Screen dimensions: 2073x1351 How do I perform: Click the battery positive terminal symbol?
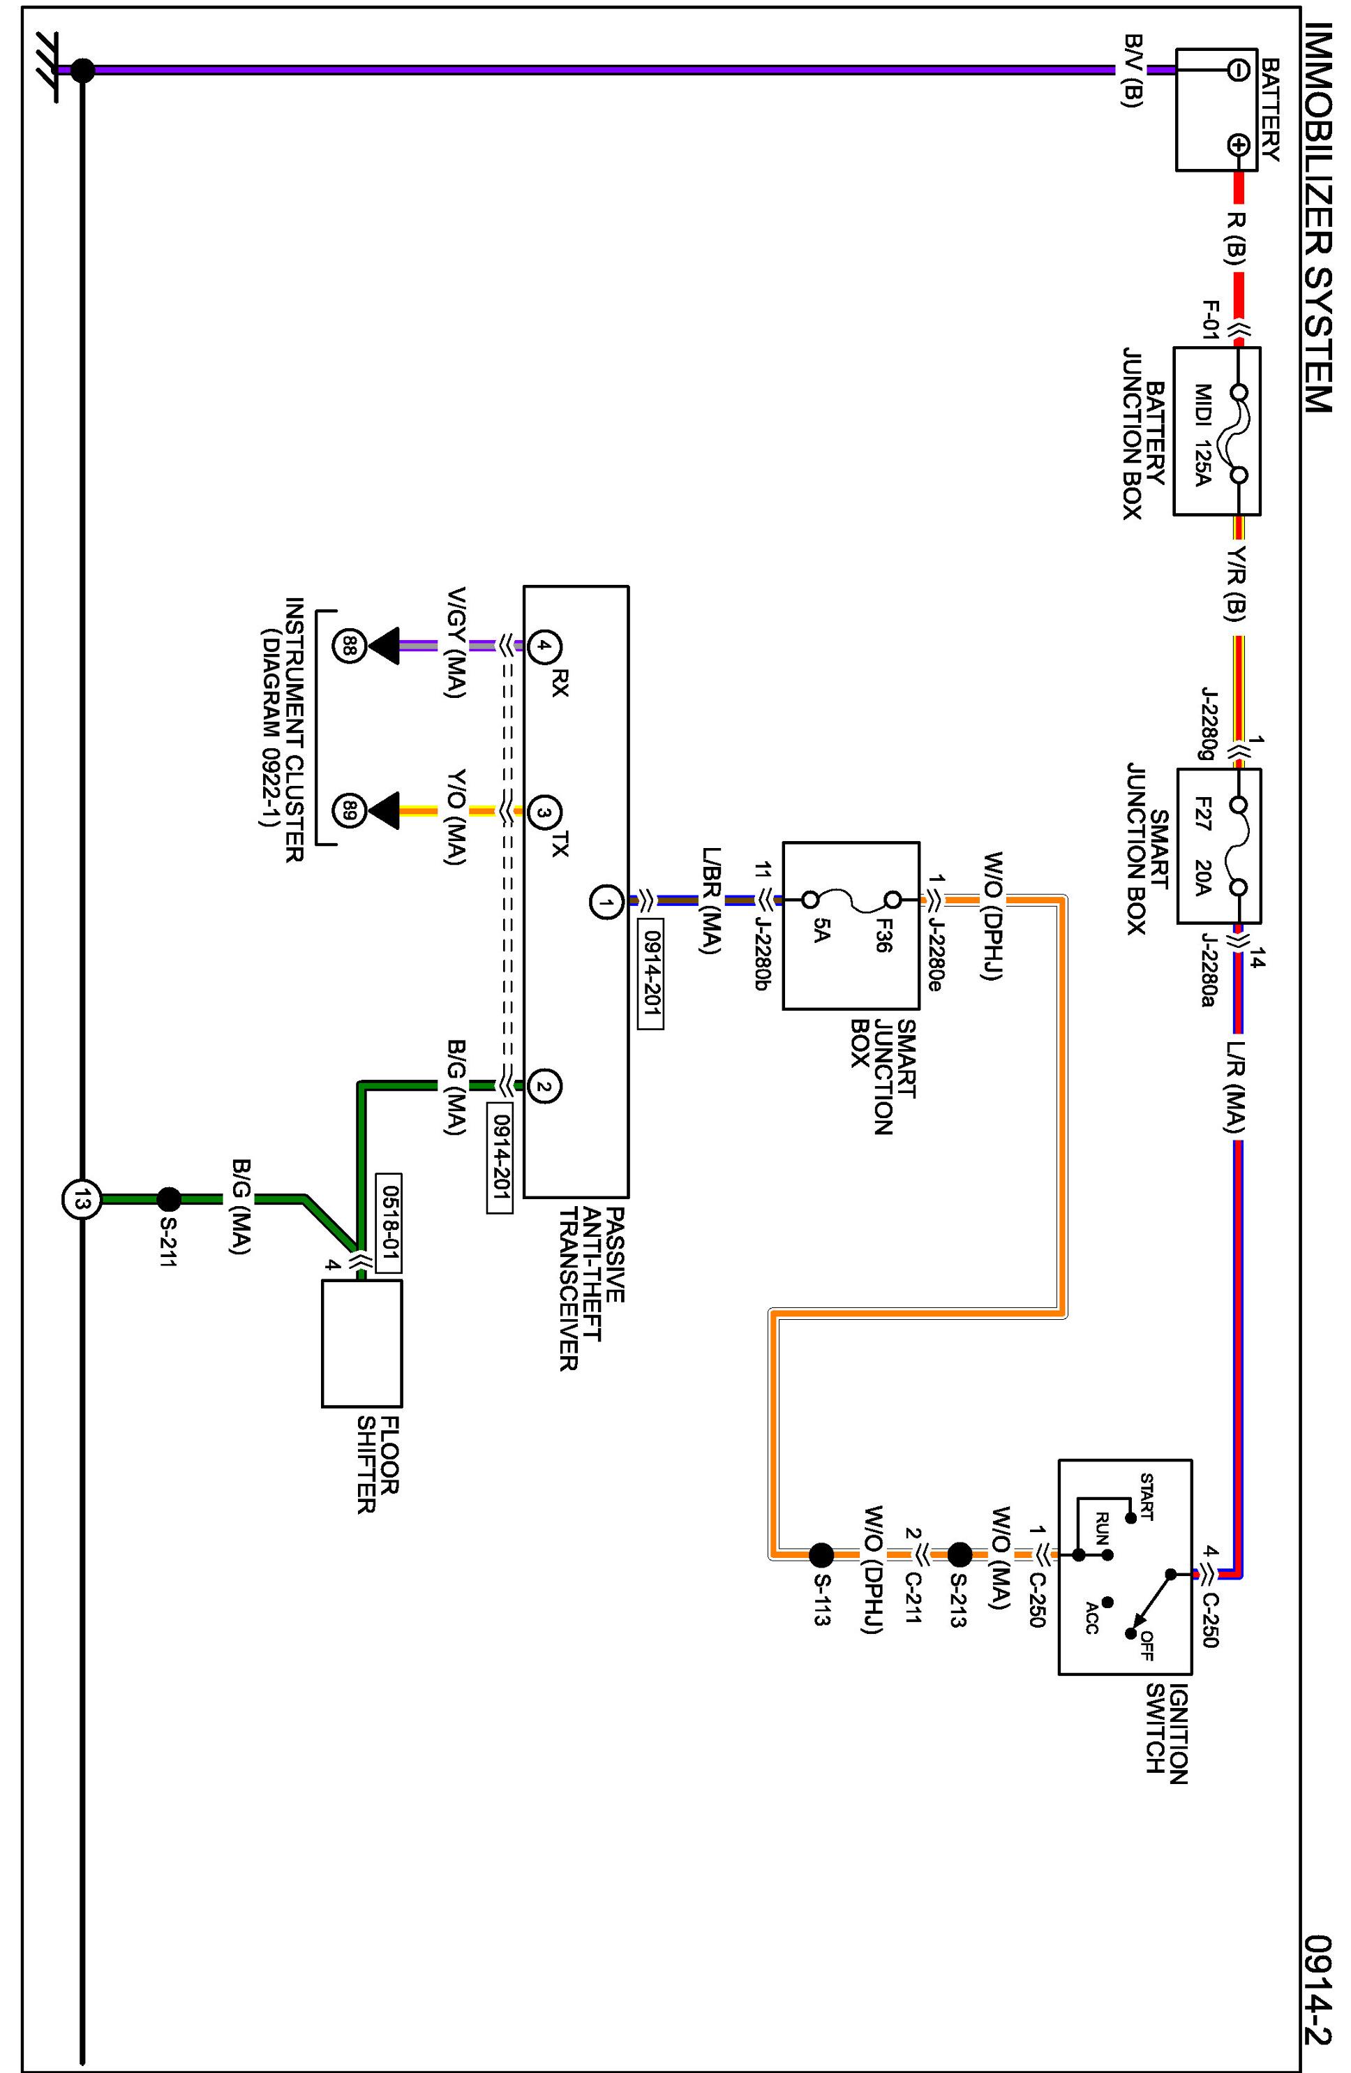(1238, 145)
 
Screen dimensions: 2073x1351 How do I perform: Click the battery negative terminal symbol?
(1238, 70)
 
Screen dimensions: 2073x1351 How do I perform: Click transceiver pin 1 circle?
(606, 902)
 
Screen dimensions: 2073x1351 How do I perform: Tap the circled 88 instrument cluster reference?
(350, 646)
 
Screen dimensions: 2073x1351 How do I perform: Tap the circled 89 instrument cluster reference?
(350, 812)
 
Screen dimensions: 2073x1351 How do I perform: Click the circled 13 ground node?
(81, 1201)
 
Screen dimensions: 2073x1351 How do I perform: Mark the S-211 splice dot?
(168, 1201)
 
